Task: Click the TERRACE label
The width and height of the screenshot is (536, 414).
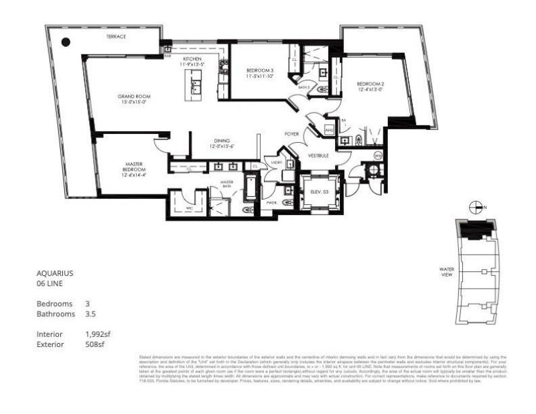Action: pyautogui.click(x=116, y=37)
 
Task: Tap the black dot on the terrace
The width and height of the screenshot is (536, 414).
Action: pyautogui.click(x=66, y=42)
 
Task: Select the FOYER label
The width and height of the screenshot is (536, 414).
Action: pyautogui.click(x=291, y=134)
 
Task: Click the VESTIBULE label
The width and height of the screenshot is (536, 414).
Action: pyautogui.click(x=318, y=155)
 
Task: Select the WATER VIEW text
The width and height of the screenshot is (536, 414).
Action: pyautogui.click(x=447, y=271)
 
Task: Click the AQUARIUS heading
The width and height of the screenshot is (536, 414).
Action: pyautogui.click(x=54, y=273)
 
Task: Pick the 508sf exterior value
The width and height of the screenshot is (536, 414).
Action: pyautogui.click(x=94, y=344)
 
